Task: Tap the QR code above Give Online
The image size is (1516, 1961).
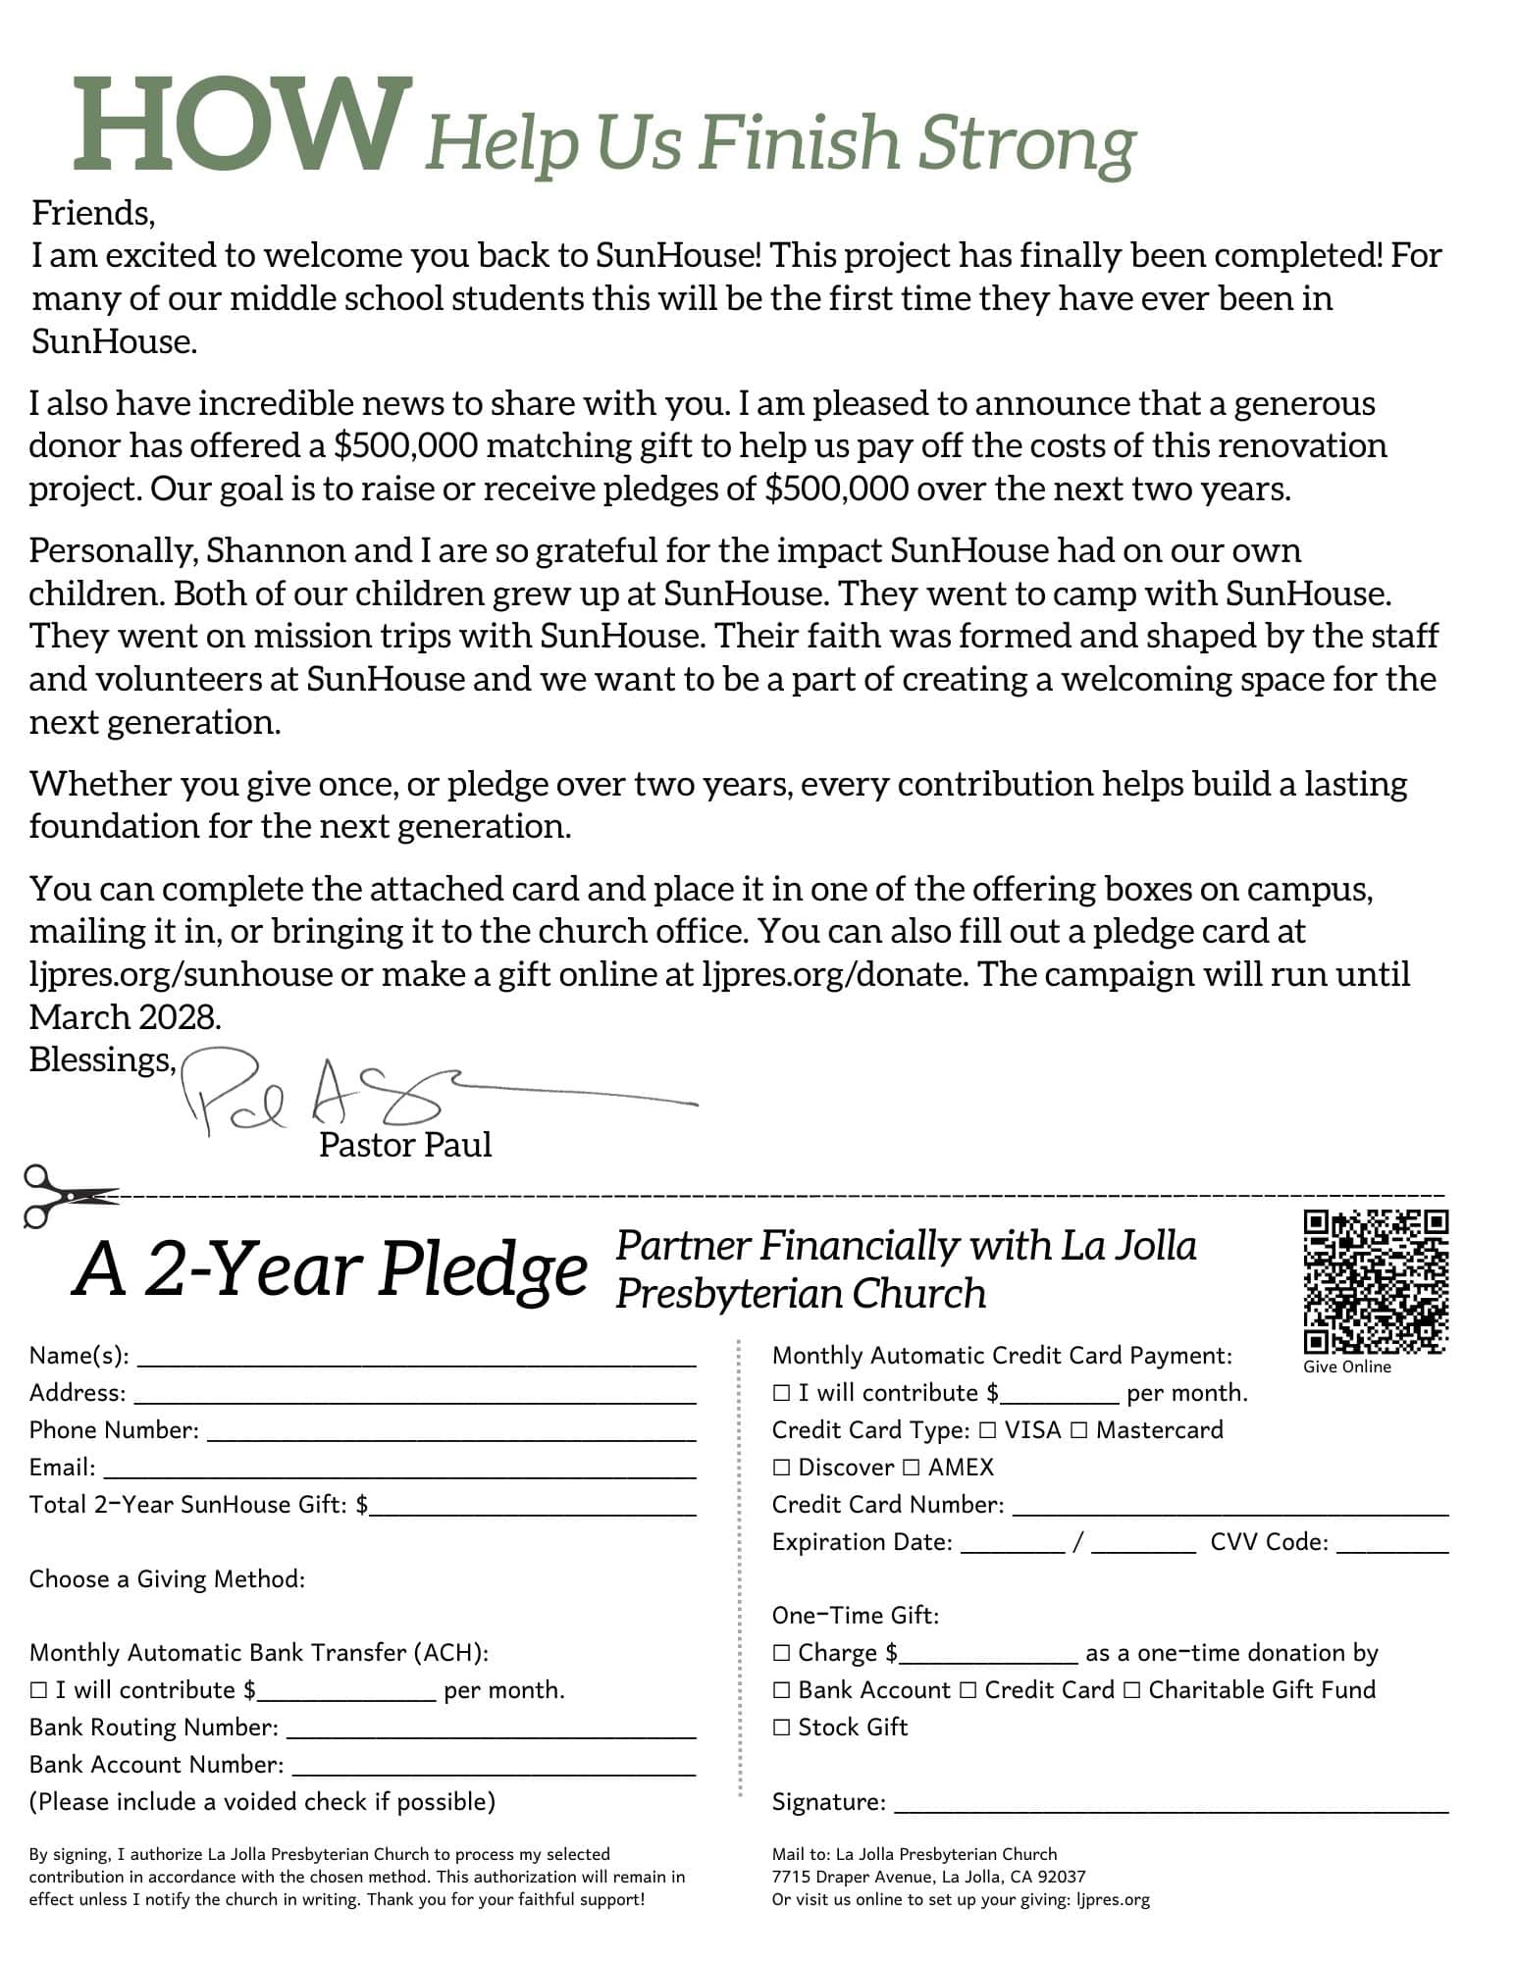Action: [x=1375, y=1281]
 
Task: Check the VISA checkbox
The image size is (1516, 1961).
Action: [x=988, y=1430]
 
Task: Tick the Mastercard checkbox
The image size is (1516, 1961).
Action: [x=1078, y=1430]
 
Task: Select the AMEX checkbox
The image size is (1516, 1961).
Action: [x=911, y=1468]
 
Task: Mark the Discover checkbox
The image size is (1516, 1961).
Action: [x=781, y=1468]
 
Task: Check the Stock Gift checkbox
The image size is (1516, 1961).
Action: [x=781, y=1728]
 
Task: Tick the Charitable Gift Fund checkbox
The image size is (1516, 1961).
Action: [x=1131, y=1690]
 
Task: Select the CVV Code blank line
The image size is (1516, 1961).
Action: [x=1391, y=1549]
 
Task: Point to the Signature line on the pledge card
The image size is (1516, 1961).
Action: [x=1171, y=1809]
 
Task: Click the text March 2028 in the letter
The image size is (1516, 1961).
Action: [x=125, y=1017]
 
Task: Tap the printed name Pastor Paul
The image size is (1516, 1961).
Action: [x=404, y=1145]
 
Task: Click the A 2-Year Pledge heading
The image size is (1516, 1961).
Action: [x=330, y=1269]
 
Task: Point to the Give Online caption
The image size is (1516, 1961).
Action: [x=1346, y=1367]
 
